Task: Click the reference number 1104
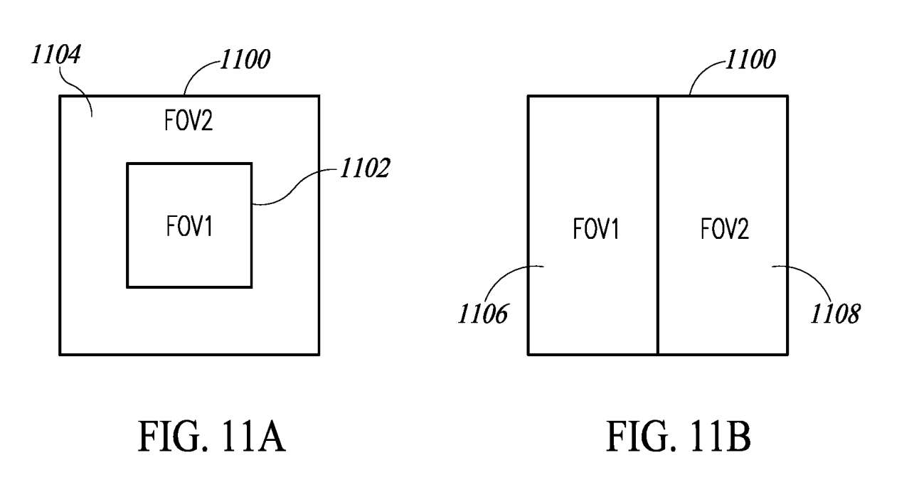click(x=55, y=55)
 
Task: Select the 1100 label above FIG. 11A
click(x=244, y=60)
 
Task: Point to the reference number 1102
click(x=363, y=169)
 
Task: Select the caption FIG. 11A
click(x=211, y=437)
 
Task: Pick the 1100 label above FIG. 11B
click(x=749, y=60)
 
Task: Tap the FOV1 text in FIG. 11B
click(x=596, y=229)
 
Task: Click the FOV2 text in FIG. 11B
click(x=724, y=229)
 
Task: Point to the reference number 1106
click(x=482, y=314)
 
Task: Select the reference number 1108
click(x=834, y=314)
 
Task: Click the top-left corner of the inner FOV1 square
click(x=127, y=164)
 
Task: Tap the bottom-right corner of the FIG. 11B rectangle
click(x=787, y=353)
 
